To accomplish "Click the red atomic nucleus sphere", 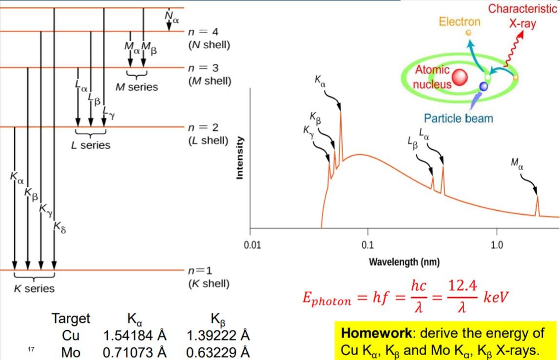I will tap(459, 77).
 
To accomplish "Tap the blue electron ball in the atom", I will tap(483, 87).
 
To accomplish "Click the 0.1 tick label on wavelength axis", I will tap(367, 244).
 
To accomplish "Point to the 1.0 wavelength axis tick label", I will tap(497, 244).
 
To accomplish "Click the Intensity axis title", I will tap(240, 158).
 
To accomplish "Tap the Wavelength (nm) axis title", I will tap(404, 262).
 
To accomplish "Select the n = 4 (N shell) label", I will tap(209, 39).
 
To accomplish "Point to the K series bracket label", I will tap(34, 288).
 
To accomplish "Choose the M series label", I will tap(136, 87).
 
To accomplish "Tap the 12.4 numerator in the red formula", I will tap(462, 287).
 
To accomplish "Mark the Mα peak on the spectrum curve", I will tap(538, 198).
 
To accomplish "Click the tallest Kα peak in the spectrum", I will tap(340, 113).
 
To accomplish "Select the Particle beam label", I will tap(458, 118).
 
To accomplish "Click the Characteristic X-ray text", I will tap(522, 16).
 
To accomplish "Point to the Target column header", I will tap(71, 319).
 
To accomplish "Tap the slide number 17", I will tap(30, 350).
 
